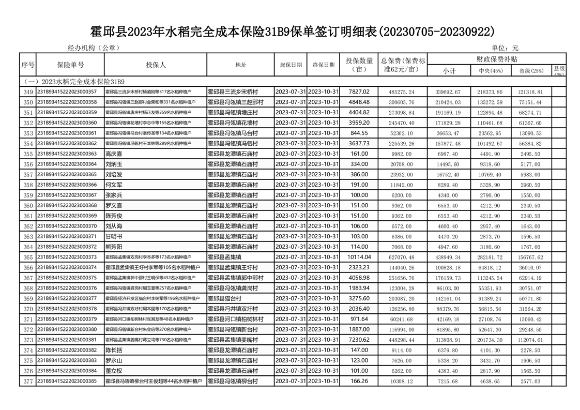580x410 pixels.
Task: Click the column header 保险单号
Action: (70, 65)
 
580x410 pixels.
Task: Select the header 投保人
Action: (156, 65)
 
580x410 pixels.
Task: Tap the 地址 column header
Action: (240, 65)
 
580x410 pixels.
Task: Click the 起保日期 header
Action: (291, 65)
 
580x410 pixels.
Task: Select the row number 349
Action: (28, 92)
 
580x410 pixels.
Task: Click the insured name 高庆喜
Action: (115, 154)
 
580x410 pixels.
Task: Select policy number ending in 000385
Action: (67, 381)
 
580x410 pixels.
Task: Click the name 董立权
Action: (114, 371)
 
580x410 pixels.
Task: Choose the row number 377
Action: (28, 381)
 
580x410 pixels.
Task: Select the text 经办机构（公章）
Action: (94, 48)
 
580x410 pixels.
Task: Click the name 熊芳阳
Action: (114, 247)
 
